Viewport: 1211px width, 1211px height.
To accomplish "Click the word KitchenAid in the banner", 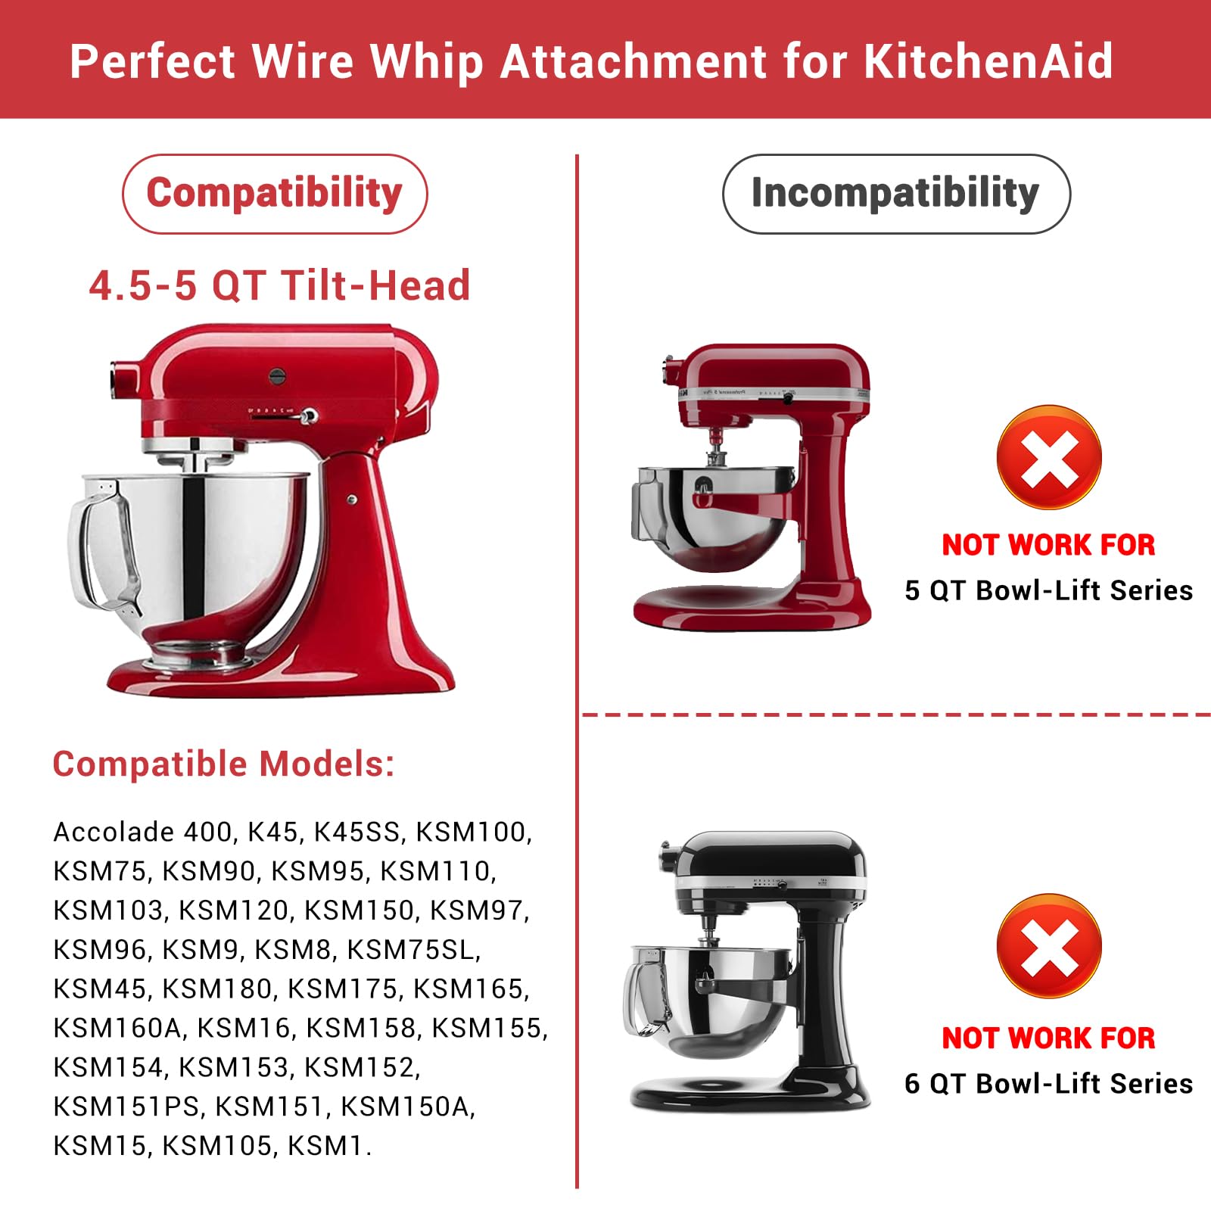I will click(988, 61).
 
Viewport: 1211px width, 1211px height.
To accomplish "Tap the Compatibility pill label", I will click(275, 194).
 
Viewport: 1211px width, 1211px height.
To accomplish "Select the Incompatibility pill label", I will click(895, 194).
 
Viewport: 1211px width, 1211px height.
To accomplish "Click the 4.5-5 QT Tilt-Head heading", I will click(279, 286).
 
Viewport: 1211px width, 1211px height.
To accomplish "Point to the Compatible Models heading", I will click(223, 764).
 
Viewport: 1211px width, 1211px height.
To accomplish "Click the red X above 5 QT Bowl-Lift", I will click(1049, 458).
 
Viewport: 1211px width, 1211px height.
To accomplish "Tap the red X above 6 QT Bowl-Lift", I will click(1049, 947).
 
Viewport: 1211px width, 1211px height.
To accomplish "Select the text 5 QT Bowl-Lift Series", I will click(1048, 590).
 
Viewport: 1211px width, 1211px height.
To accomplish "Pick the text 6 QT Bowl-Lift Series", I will click(1048, 1084).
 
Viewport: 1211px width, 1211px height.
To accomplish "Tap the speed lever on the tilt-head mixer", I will click(307, 416).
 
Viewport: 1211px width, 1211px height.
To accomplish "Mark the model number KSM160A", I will click(118, 1028).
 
